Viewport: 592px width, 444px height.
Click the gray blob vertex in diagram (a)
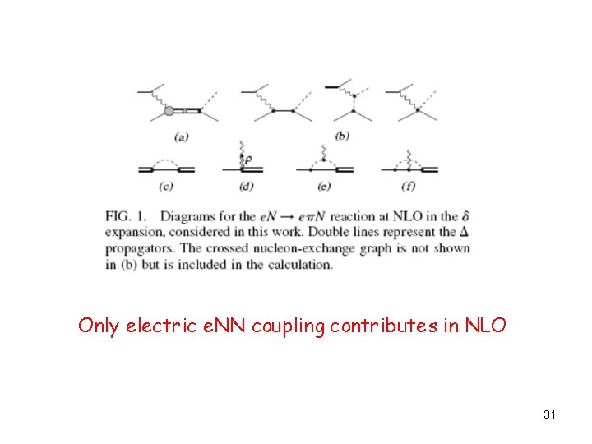[169, 110]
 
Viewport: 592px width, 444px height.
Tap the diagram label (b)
[342, 136]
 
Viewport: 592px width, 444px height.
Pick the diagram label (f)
[408, 187]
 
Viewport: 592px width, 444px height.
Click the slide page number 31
[549, 415]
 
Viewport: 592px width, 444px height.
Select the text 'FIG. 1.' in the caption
[125, 216]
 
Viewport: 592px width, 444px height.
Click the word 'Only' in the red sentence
[97, 326]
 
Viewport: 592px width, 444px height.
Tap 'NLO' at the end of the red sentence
[486, 326]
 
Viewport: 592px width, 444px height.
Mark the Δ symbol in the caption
[465, 232]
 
